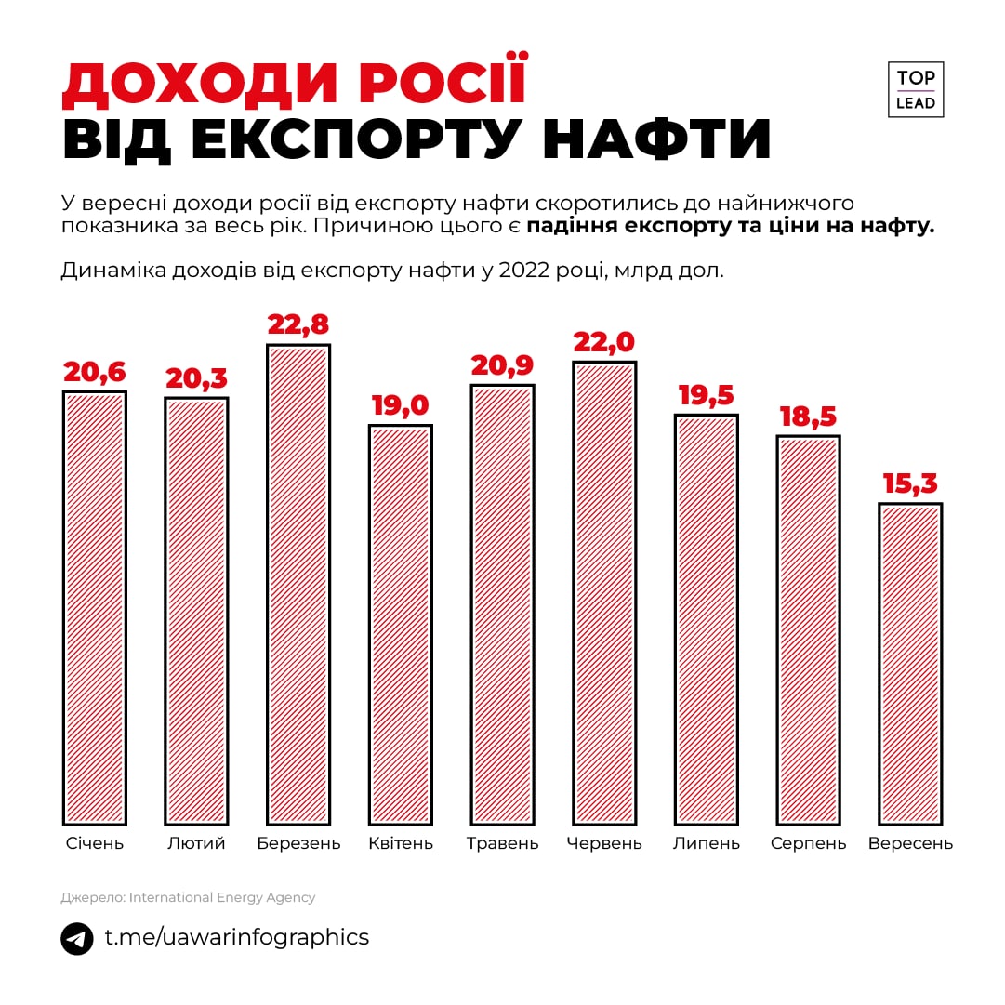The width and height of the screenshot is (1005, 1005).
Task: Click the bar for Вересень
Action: (910, 664)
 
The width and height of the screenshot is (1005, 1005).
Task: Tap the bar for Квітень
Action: (401, 625)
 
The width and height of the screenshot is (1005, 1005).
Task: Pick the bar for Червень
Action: (604, 592)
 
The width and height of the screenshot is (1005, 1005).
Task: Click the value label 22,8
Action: (298, 324)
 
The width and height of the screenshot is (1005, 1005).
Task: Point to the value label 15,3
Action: (910, 483)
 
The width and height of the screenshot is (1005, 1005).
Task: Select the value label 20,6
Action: (94, 372)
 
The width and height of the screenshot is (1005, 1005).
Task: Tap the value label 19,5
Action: (706, 395)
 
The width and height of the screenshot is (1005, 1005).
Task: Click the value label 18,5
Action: (808, 417)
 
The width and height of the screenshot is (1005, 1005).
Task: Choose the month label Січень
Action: (94, 843)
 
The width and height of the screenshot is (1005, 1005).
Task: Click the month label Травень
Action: (502, 843)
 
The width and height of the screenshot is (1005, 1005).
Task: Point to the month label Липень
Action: (706, 843)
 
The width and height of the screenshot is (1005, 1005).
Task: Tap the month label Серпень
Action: (808, 843)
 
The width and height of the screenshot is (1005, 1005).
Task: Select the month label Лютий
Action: (196, 843)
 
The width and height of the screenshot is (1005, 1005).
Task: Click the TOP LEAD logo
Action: (916, 90)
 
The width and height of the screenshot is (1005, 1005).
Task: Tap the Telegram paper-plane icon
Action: (77, 938)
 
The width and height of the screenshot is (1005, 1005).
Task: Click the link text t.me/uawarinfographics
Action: (236, 937)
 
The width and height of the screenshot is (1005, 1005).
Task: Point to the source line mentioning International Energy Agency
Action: (188, 897)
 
